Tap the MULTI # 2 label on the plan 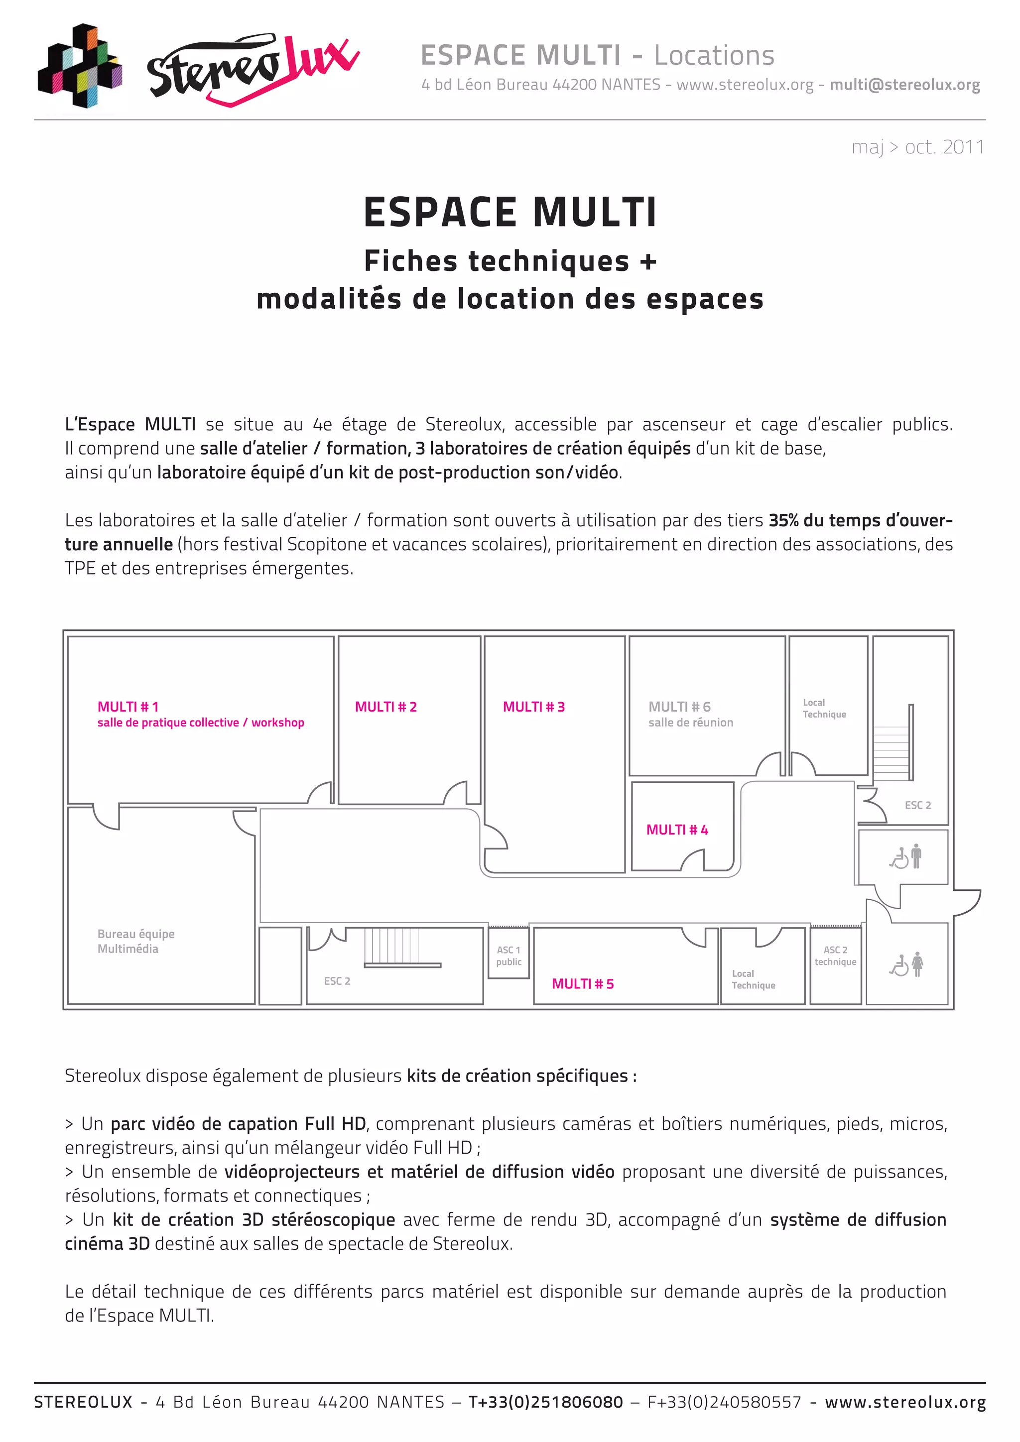pos(385,707)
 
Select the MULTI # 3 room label pos(534,707)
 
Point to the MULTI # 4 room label pos(677,830)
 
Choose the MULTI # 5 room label pos(583,983)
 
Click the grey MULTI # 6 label pos(679,707)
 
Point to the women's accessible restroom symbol pos(906,964)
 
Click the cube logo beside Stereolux pos(80,66)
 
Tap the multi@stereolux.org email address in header pos(904,85)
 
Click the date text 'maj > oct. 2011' pos(917,147)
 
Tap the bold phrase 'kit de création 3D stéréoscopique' pos(254,1219)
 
